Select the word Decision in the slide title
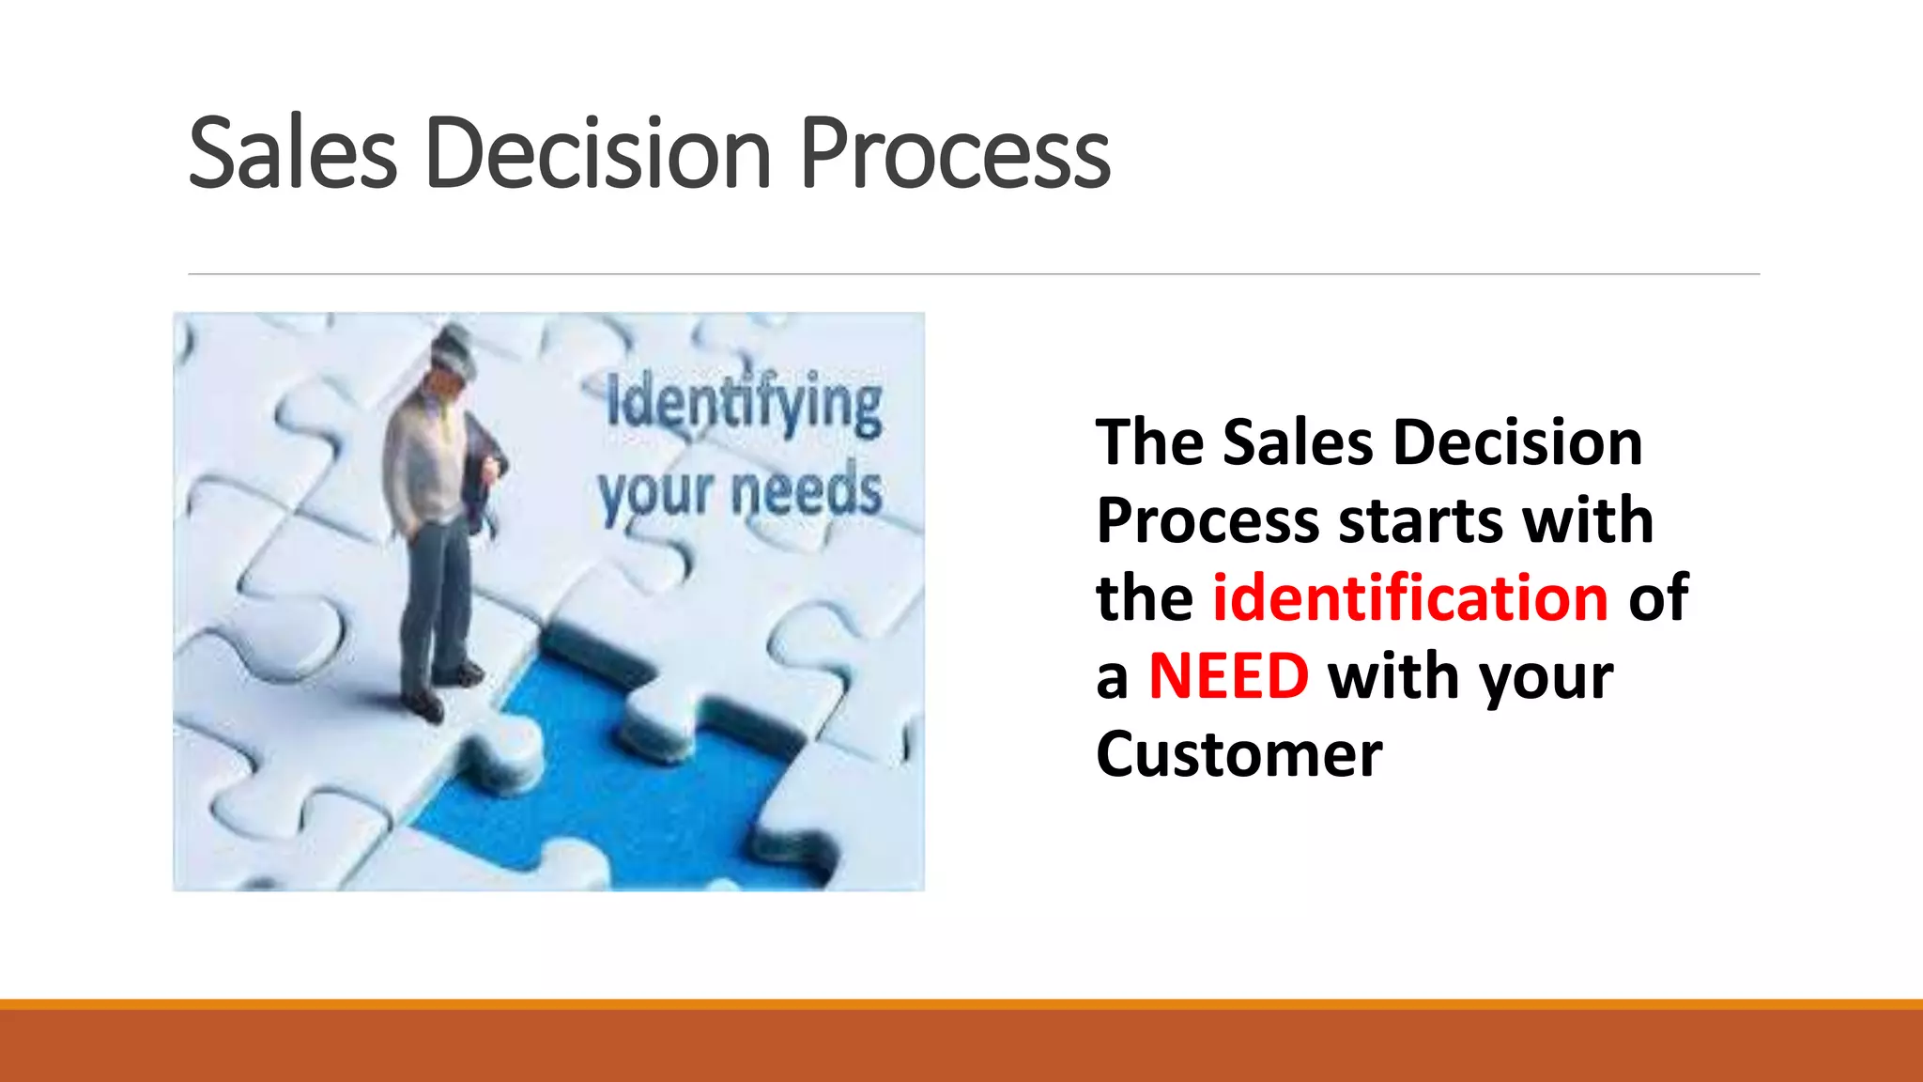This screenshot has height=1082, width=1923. click(x=598, y=153)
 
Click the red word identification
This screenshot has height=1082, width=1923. click(x=1410, y=598)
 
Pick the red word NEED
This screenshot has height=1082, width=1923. click(x=1228, y=676)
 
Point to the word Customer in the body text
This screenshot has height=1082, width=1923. click(x=1238, y=754)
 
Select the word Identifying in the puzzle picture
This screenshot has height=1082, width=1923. click(x=744, y=404)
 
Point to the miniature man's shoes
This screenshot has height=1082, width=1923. click(x=441, y=690)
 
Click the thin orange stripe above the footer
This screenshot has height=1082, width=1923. click(x=961, y=1004)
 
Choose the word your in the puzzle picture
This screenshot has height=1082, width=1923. click(x=655, y=494)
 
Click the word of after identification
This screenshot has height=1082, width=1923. click(x=1658, y=598)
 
